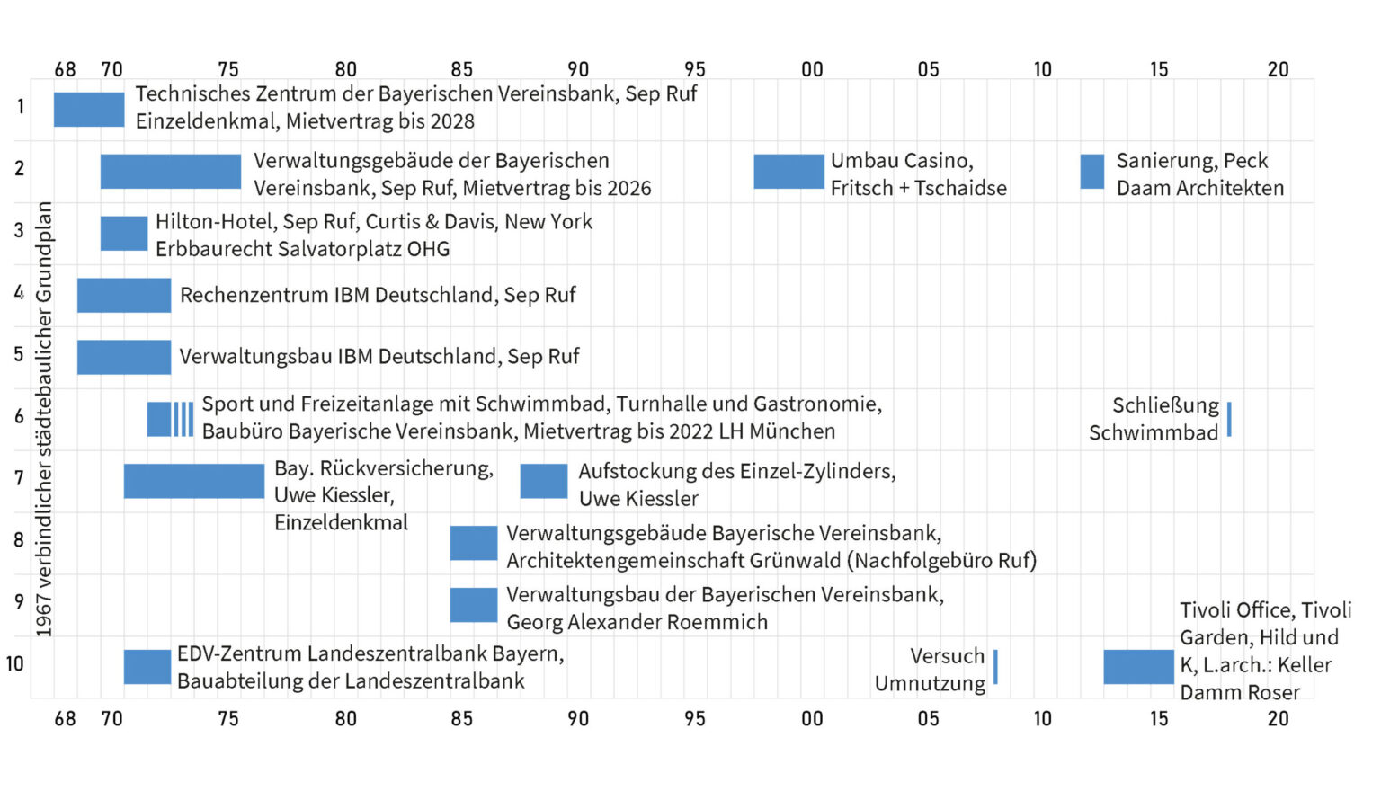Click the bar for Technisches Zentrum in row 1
pyautogui.click(x=89, y=110)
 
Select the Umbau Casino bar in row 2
pyautogui.click(x=789, y=172)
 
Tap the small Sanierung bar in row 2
pyautogui.click(x=1091, y=172)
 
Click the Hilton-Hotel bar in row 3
pyautogui.click(x=124, y=234)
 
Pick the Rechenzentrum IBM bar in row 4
pyautogui.click(x=124, y=296)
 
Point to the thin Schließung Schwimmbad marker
pyautogui.click(x=1229, y=420)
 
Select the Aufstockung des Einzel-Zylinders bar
pyautogui.click(x=544, y=481)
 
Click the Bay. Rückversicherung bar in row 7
pyautogui.click(x=194, y=481)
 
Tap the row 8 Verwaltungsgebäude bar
pyautogui.click(x=474, y=543)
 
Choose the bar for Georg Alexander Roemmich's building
pyautogui.click(x=474, y=605)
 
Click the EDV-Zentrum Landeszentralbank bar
pyautogui.click(x=147, y=667)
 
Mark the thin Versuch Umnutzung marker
pyautogui.click(x=995, y=667)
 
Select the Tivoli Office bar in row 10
pyautogui.click(x=1138, y=667)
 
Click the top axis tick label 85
pyautogui.click(x=461, y=70)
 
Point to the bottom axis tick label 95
pyautogui.click(x=695, y=719)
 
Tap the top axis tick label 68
pyautogui.click(x=65, y=70)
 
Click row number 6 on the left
pyautogui.click(x=19, y=416)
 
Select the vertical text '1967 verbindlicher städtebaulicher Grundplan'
pyautogui.click(x=44, y=419)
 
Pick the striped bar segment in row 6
pyautogui.click(x=183, y=420)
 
